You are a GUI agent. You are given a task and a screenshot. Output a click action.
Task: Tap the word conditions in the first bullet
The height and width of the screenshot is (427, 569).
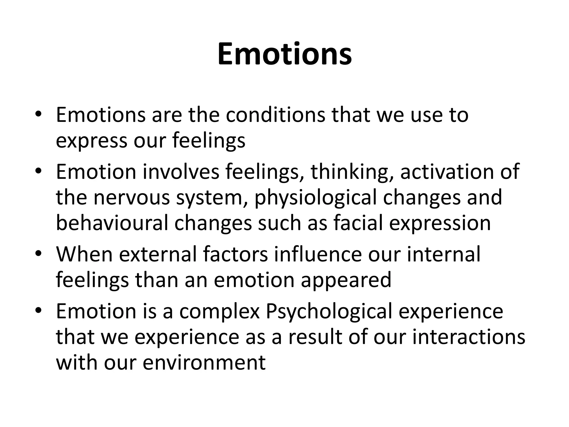pyautogui.click(x=275, y=115)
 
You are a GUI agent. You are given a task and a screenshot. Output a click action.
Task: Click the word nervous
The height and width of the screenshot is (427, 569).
pyautogui.click(x=132, y=197)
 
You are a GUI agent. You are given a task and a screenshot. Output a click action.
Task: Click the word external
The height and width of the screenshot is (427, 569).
pyautogui.click(x=159, y=254)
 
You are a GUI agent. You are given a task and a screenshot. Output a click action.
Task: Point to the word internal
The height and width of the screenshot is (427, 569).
pyautogui.click(x=443, y=254)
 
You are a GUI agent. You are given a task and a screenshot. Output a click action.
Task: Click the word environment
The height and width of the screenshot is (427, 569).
pyautogui.click(x=204, y=363)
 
